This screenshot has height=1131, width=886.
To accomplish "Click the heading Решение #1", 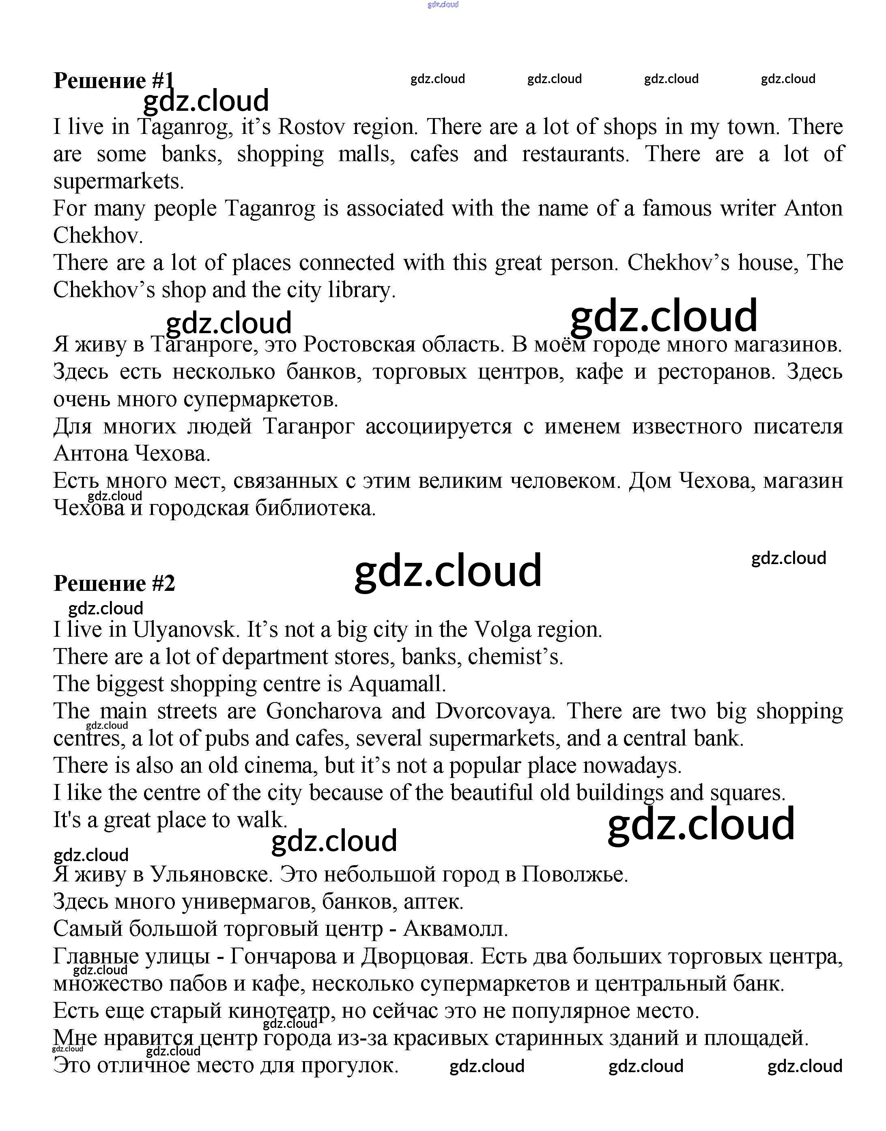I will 114,80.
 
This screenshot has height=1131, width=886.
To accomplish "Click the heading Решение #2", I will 114,583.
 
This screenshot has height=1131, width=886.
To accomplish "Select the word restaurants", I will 575,154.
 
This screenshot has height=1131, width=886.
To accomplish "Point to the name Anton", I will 813,209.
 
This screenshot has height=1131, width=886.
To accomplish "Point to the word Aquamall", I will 397,684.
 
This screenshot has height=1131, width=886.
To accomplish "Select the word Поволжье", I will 575,874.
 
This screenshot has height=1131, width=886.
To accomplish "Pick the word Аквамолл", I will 456,928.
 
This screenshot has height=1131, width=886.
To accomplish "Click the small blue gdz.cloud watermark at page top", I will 443,5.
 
